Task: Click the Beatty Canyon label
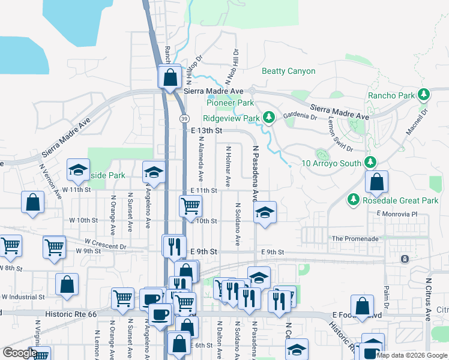tap(288, 71)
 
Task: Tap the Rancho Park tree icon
tap(424, 95)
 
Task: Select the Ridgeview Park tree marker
tap(270, 118)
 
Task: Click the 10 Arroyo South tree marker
tap(370, 163)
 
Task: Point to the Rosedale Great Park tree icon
tap(354, 199)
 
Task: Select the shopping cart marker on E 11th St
tap(190, 206)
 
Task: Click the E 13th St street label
tap(207, 130)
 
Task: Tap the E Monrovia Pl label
tap(396, 214)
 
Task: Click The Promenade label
tap(355, 238)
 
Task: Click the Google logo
tap(20, 353)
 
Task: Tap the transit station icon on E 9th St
tap(404, 259)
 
